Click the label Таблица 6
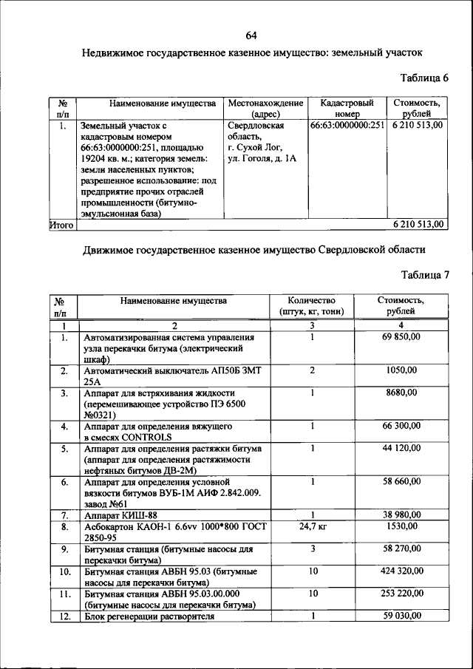click(x=424, y=78)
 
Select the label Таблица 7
click(x=424, y=275)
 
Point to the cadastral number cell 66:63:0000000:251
click(x=347, y=126)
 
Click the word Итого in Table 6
click(x=61, y=224)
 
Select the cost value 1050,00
click(x=401, y=370)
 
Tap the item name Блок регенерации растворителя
click(x=149, y=616)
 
